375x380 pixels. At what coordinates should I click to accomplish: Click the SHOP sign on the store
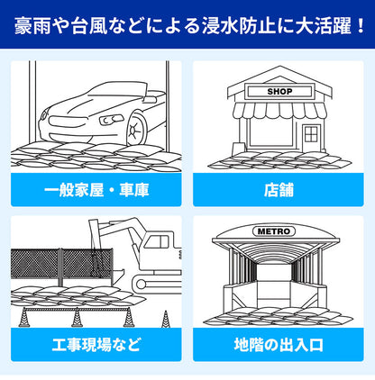277,91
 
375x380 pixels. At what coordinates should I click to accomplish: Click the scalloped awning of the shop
277,111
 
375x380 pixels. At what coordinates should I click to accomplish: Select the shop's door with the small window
311,138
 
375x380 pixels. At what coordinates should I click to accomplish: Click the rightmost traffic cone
165,318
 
